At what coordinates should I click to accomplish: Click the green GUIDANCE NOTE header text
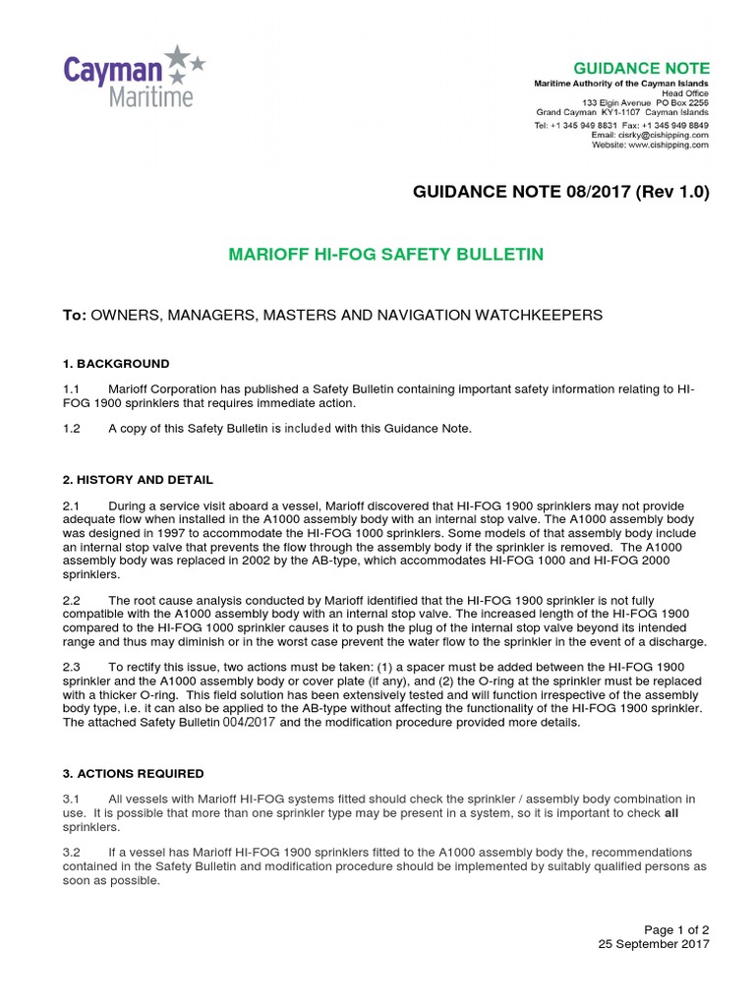pyautogui.click(x=655, y=68)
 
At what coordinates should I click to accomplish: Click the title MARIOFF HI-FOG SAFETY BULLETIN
pyautogui.click(x=385, y=255)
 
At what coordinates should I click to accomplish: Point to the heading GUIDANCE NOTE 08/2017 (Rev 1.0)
pyautogui.click(x=560, y=192)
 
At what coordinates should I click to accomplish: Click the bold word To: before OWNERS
pyautogui.click(x=75, y=315)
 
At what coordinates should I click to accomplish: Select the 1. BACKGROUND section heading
pyautogui.click(x=116, y=364)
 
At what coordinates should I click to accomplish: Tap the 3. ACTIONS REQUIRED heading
pyautogui.click(x=133, y=774)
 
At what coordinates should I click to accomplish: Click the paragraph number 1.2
pyautogui.click(x=72, y=429)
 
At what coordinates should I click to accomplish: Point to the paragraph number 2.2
pyautogui.click(x=72, y=600)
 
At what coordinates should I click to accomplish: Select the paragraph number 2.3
pyautogui.click(x=72, y=667)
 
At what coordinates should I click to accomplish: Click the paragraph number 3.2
pyautogui.click(x=72, y=852)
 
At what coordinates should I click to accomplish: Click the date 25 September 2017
pyautogui.click(x=654, y=944)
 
